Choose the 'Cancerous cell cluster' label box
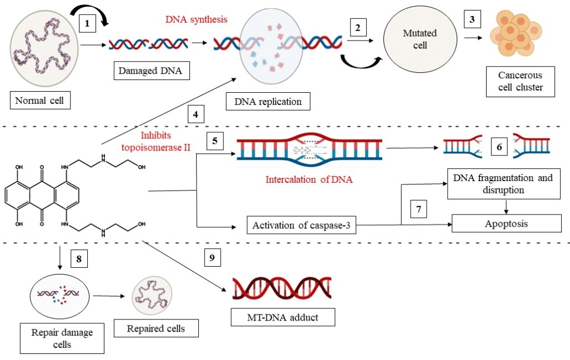519,81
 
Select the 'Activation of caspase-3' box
301,225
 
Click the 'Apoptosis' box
506,223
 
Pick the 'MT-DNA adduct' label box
283,318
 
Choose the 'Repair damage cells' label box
63,338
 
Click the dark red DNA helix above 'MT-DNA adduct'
283,287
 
